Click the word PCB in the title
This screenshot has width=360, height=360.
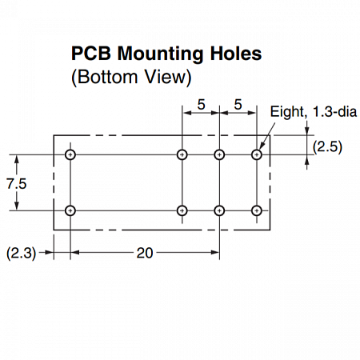click(x=91, y=54)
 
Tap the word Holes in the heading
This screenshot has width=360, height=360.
click(x=236, y=54)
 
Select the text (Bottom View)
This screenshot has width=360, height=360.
click(x=131, y=77)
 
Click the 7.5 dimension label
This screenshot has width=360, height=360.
click(x=17, y=184)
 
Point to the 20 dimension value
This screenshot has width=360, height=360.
click(x=145, y=253)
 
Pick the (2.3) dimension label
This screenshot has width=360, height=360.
click(x=21, y=253)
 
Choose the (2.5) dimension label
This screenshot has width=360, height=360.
click(x=327, y=146)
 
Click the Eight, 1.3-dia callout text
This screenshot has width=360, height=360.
click(x=314, y=111)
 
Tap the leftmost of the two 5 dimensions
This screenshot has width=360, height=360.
click(x=201, y=104)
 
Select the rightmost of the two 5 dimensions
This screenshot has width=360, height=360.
click(x=238, y=104)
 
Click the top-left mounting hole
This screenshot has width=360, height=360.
click(x=70, y=154)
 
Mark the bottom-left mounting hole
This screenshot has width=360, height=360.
click(x=70, y=210)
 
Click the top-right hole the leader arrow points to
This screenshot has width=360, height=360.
click(x=257, y=154)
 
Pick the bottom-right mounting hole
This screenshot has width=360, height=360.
click(x=257, y=210)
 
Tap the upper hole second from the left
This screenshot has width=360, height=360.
click(x=182, y=154)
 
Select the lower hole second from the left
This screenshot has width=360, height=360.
click(x=182, y=210)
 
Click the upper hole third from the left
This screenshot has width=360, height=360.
click(x=219, y=154)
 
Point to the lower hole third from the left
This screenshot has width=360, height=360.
click(x=219, y=210)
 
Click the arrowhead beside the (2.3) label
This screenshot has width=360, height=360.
click(x=50, y=252)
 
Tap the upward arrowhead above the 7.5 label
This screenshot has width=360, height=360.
click(x=17, y=159)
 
